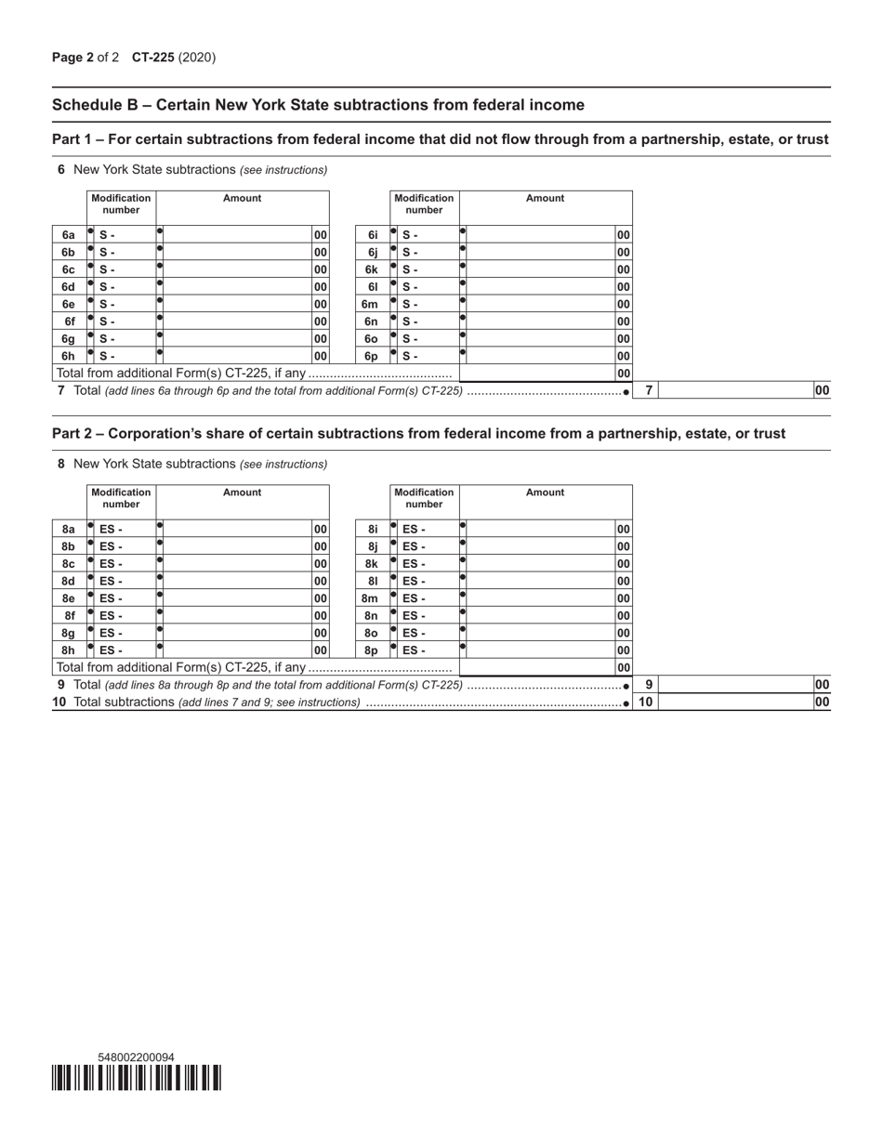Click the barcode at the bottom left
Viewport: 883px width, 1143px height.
click(137, 1077)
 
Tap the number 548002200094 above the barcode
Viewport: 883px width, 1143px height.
click(136, 1058)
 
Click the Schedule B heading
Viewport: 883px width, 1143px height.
click(318, 105)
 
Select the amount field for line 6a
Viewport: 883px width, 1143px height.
click(237, 235)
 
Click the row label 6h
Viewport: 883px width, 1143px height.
click(68, 355)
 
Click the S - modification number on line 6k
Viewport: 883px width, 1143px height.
click(410, 269)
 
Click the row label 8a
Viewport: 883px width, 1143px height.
click(68, 530)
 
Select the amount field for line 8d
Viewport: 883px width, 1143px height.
click(237, 581)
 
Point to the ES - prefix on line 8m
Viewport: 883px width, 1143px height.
click(414, 598)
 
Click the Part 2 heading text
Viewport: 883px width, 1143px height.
click(418, 434)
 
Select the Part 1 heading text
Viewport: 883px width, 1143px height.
click(440, 139)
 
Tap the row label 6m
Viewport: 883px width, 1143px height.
click(370, 304)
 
